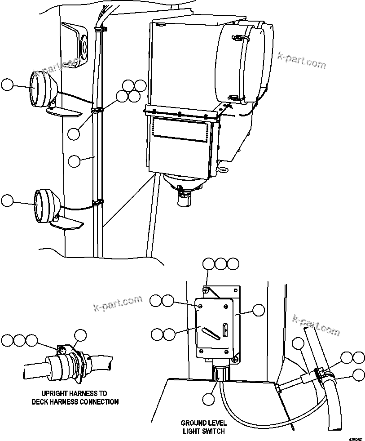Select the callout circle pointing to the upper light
tap(8, 85)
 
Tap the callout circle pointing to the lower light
tap(8, 201)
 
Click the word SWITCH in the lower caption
tap(211, 431)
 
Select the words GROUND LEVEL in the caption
tap(203, 423)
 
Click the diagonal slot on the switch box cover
tap(211, 333)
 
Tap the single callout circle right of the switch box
tap(258, 310)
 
